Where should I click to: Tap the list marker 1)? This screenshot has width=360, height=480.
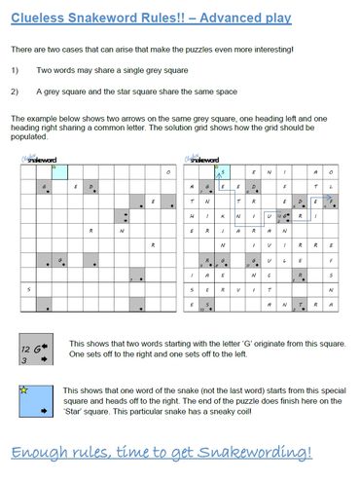(x=17, y=70)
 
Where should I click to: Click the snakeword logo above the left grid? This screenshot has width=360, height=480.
(x=39, y=157)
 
